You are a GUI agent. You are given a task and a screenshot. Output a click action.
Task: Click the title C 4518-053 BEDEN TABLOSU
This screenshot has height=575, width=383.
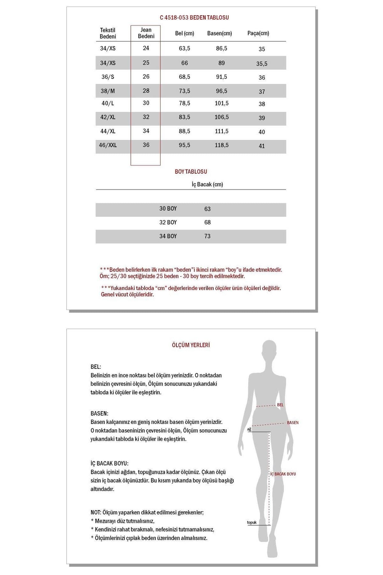tap(194, 18)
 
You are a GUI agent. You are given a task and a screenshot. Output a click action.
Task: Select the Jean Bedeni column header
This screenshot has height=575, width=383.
tap(146, 33)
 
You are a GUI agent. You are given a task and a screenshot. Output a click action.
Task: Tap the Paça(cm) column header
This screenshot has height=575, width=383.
tap(258, 33)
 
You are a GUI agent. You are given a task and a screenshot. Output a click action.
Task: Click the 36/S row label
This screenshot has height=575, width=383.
tap(108, 77)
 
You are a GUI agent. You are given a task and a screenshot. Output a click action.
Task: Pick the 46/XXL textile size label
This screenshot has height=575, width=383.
tap(108, 145)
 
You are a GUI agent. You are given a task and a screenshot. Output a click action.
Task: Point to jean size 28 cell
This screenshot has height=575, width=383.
tap(146, 91)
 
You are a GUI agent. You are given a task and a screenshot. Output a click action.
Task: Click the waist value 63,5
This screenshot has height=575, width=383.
tap(184, 48)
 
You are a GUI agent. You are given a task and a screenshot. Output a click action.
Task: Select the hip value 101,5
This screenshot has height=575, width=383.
tap(222, 103)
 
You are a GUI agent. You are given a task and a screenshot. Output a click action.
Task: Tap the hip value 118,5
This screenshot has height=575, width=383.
tap(222, 145)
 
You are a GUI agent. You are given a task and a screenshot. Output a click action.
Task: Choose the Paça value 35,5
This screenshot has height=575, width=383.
tap(262, 64)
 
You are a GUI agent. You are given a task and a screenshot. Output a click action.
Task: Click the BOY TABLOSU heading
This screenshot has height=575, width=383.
tap(191, 172)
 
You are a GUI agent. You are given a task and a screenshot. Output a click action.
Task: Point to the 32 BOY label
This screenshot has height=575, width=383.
tap(168, 222)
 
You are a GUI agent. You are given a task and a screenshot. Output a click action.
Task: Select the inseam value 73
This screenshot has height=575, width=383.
tap(207, 236)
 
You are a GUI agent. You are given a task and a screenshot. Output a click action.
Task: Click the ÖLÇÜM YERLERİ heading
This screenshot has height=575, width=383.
tap(191, 345)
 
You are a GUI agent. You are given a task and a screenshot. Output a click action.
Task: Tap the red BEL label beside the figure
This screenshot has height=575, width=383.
tap(280, 405)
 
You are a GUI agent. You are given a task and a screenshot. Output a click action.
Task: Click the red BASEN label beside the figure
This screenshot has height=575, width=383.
tap(293, 423)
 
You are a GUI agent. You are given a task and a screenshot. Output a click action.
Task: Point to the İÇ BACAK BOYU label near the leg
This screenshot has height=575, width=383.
tap(283, 474)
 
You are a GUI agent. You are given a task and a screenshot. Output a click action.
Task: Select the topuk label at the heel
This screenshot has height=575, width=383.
tap(252, 523)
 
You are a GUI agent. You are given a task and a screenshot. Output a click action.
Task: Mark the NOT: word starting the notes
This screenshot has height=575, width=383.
tap(96, 512)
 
